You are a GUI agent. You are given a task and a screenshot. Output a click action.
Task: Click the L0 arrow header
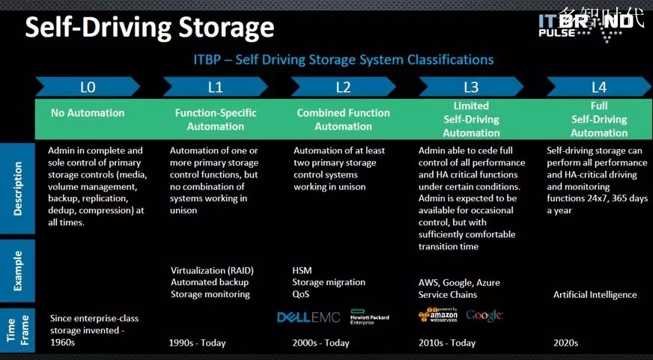pos(88,87)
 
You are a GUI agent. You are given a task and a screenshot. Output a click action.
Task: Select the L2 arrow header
pos(343,87)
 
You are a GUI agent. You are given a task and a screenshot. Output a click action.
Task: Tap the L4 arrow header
pos(599,87)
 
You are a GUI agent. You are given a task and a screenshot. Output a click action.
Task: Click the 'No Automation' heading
pos(88,113)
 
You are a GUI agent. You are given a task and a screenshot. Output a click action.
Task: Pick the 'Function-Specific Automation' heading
pos(216,120)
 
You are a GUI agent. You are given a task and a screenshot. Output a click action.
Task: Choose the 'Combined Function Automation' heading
pos(343,120)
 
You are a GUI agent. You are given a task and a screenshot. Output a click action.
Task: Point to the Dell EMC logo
pos(309,317)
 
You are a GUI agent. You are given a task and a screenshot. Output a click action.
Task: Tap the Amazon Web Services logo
pos(438,315)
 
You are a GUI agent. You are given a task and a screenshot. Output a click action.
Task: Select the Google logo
pos(485,315)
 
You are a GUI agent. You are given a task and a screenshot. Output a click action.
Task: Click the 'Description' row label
pos(17,189)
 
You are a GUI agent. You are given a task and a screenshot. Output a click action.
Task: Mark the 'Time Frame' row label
pos(17,329)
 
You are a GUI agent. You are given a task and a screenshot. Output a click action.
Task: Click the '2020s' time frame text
pos(566,343)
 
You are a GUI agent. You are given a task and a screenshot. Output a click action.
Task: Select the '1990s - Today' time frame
pos(198,343)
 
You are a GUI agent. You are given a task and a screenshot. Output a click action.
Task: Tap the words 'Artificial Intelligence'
pos(595,295)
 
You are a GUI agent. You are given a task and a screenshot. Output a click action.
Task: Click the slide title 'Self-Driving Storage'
pos(150,28)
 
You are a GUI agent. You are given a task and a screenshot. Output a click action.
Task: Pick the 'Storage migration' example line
pos(329,282)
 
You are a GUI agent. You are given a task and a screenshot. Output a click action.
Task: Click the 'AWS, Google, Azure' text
pos(459,283)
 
